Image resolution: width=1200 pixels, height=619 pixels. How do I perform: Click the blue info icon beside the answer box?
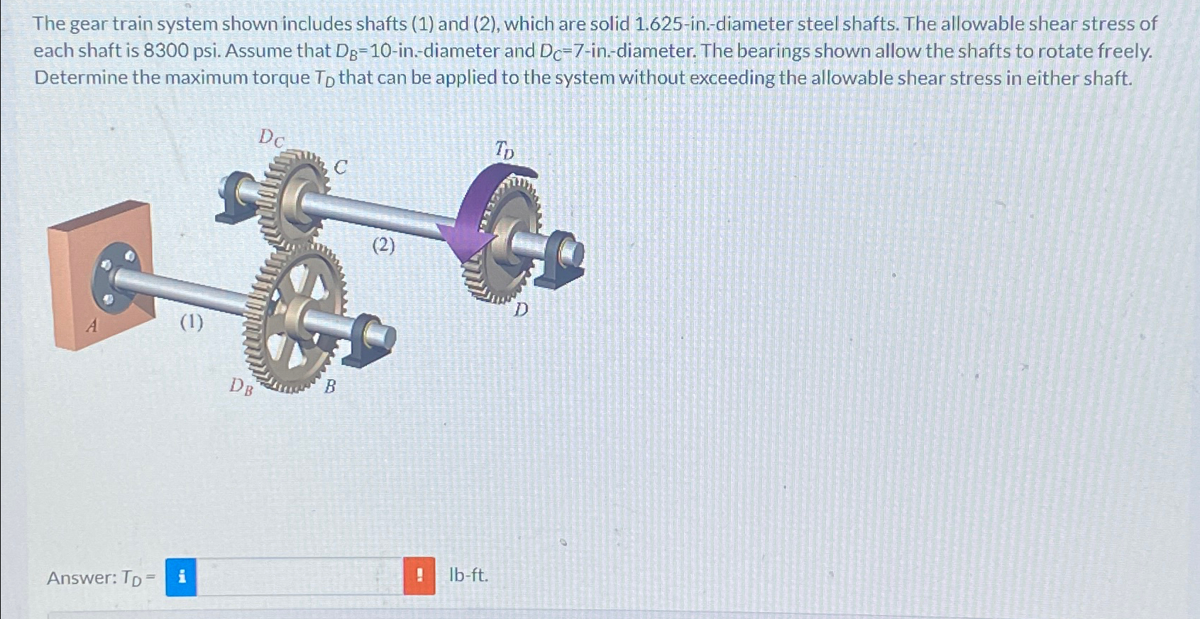pyautogui.click(x=181, y=576)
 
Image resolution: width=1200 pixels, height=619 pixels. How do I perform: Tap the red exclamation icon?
pyautogui.click(x=419, y=576)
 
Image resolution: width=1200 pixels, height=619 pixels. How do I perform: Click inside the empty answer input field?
pyautogui.click(x=299, y=576)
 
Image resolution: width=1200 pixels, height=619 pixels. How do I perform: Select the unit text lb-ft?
pyautogui.click(x=468, y=575)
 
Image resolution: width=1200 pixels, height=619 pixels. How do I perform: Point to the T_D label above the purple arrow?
pyautogui.click(x=504, y=150)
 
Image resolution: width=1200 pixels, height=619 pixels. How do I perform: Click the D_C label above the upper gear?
pyautogui.click(x=270, y=137)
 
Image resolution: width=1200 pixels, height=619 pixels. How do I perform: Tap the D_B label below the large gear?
pyautogui.click(x=241, y=386)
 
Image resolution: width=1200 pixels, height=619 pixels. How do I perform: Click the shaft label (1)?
pyautogui.click(x=191, y=322)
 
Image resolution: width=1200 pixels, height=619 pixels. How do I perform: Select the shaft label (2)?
pyautogui.click(x=383, y=246)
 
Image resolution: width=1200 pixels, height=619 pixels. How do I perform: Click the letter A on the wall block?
pyautogui.click(x=92, y=326)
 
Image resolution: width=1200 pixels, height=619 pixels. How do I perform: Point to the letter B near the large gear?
pyautogui.click(x=330, y=387)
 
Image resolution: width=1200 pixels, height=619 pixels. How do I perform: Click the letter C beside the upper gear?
pyautogui.click(x=341, y=168)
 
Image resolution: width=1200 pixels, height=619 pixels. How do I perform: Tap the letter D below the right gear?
pyautogui.click(x=522, y=309)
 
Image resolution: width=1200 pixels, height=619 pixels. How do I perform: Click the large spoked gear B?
pyautogui.click(x=295, y=312)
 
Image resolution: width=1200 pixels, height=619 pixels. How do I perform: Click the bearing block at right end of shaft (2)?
pyautogui.click(x=560, y=259)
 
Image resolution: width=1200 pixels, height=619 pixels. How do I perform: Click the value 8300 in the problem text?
pyautogui.click(x=166, y=51)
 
